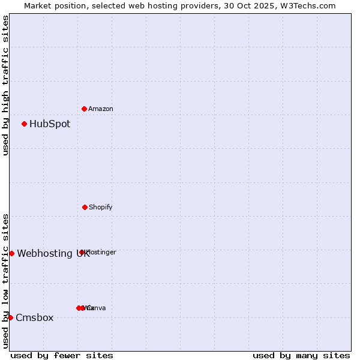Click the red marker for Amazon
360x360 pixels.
click(x=84, y=109)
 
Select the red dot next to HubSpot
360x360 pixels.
click(x=24, y=124)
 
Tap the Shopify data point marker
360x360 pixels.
click(x=85, y=207)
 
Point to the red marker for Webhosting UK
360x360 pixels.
click(x=11, y=253)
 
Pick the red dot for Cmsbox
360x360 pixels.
click(x=10, y=317)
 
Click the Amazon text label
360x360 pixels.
click(x=101, y=109)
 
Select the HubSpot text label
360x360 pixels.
click(x=50, y=124)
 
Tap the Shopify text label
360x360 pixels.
click(x=101, y=207)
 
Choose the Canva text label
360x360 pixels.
click(x=97, y=308)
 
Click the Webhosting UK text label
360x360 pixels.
click(x=53, y=253)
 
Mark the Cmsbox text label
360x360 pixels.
click(x=35, y=317)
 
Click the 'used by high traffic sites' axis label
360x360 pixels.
click(x=5, y=85)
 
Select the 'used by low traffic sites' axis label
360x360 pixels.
click(x=5, y=281)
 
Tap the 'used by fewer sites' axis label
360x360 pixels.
click(x=62, y=355)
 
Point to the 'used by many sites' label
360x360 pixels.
click(x=301, y=355)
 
